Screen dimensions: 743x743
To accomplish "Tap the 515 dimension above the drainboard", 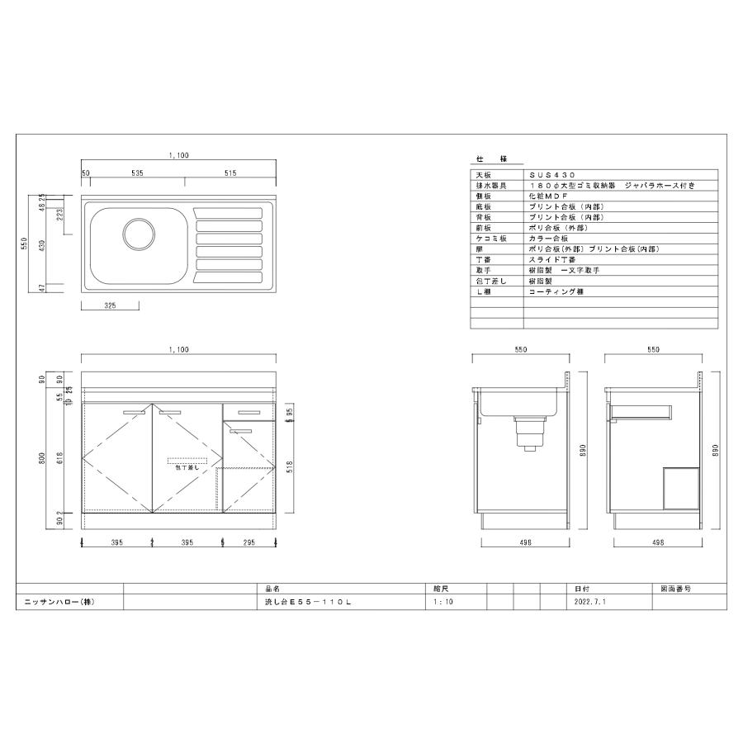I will coord(230,173).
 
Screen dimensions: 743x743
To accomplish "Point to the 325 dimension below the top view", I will coord(111,305).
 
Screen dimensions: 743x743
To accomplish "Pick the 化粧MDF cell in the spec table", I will coord(543,196).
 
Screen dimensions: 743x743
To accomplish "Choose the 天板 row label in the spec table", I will coord(482,176).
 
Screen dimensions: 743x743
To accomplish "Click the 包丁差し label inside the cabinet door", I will coord(187,467).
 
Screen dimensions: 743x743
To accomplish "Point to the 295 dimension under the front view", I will coord(248,542).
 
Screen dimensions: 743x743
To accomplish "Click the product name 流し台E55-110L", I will coord(303,603).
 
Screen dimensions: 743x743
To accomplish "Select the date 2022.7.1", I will coord(590,603).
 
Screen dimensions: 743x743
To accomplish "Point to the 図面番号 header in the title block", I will coord(675,589).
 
